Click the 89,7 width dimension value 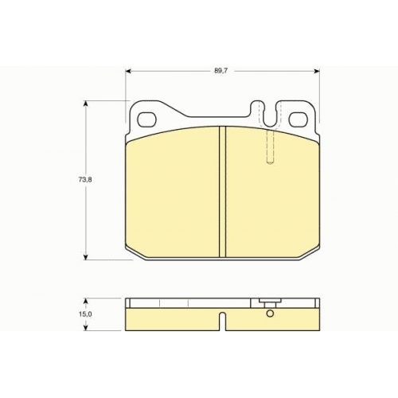[221, 71]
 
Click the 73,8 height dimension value [85, 180]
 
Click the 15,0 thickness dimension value [85, 314]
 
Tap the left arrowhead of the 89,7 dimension [128, 71]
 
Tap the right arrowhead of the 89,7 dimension [317, 71]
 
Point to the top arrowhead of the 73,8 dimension [85, 103]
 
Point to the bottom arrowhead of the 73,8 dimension [85, 257]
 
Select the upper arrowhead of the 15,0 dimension [85, 302]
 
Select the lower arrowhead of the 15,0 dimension [85, 328]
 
